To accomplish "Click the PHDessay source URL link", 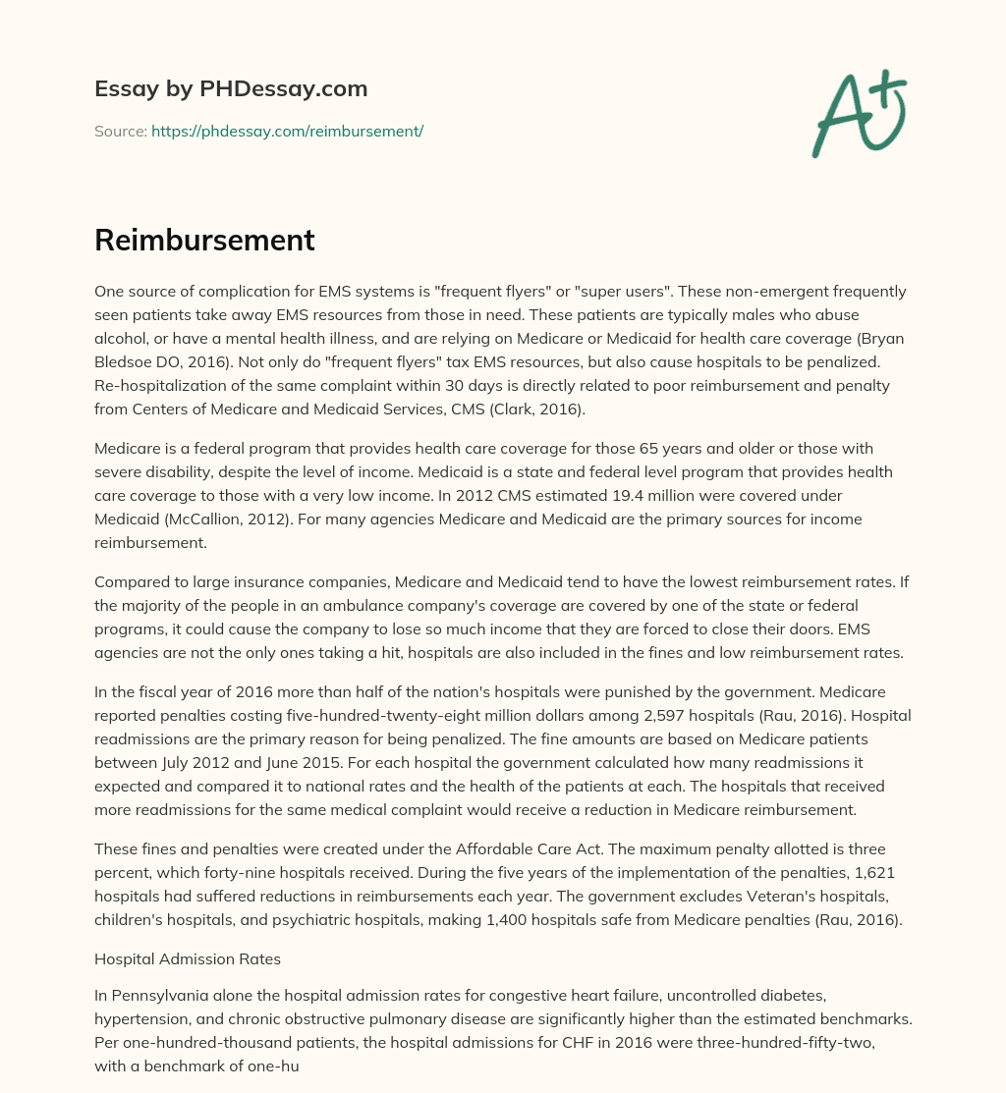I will point(287,131).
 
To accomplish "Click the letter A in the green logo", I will point(839,118).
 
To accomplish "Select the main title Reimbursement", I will point(204,241).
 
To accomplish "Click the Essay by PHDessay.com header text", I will point(231,88).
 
